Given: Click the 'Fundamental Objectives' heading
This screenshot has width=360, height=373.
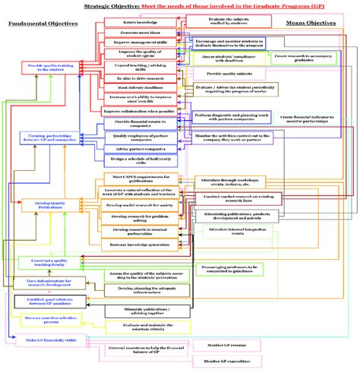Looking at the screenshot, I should (43, 24).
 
